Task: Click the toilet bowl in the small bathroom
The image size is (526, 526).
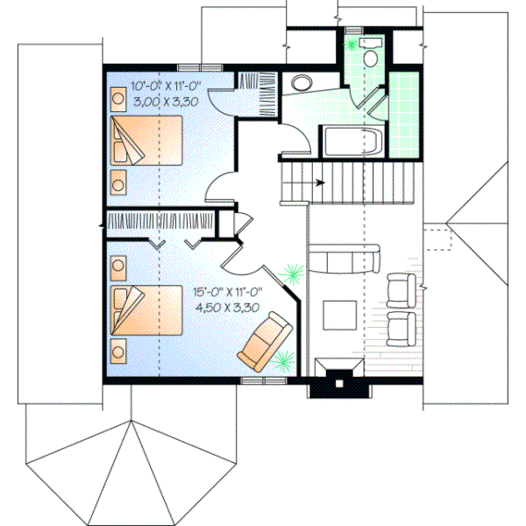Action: pyautogui.click(x=370, y=55)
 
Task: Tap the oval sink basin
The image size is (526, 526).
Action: pyautogui.click(x=301, y=84)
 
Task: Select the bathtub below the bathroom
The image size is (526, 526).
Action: pyautogui.click(x=351, y=140)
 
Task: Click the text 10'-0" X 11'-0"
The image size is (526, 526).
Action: pyautogui.click(x=167, y=87)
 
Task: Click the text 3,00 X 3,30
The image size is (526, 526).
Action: pyautogui.click(x=166, y=102)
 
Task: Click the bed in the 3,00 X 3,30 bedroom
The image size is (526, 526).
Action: pyautogui.click(x=148, y=141)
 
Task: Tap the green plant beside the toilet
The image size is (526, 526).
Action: pyautogui.click(x=354, y=41)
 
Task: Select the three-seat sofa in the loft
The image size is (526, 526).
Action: pyautogui.click(x=347, y=259)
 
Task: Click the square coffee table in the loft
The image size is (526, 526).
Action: pyautogui.click(x=338, y=316)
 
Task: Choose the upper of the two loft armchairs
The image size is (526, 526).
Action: pyautogui.click(x=401, y=290)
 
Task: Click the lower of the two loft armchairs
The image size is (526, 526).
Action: pyautogui.click(x=401, y=329)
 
